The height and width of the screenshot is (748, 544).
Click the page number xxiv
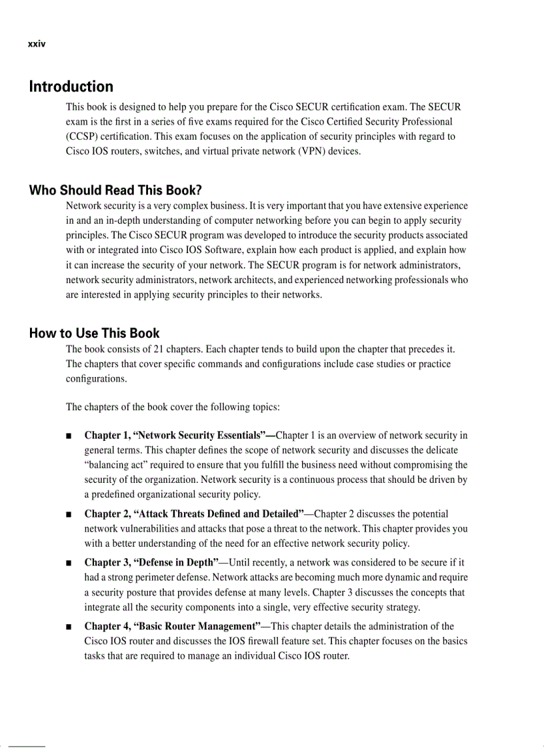(x=36, y=45)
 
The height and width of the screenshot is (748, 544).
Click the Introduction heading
(x=71, y=87)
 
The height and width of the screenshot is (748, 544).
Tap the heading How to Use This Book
(x=94, y=333)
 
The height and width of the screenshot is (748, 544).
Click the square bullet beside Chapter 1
(x=69, y=436)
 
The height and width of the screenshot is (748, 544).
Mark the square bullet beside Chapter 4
(x=69, y=627)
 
